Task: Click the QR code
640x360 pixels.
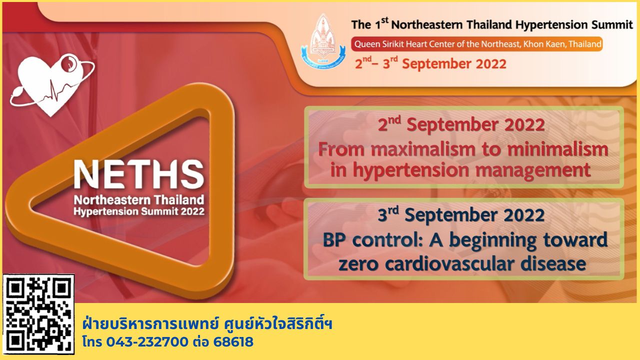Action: coord(38,314)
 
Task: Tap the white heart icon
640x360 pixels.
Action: coord(51,85)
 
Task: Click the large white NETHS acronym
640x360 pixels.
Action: coord(139,174)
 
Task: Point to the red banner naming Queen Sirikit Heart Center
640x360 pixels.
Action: coord(477,44)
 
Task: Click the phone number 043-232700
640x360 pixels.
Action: coord(147,342)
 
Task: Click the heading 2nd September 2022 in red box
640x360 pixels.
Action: coord(461,125)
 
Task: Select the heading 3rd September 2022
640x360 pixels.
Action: coord(461,215)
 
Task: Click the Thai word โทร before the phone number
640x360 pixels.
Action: coord(92,342)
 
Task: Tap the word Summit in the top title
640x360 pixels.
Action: coord(612,25)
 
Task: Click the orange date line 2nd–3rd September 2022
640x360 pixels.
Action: coord(430,63)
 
